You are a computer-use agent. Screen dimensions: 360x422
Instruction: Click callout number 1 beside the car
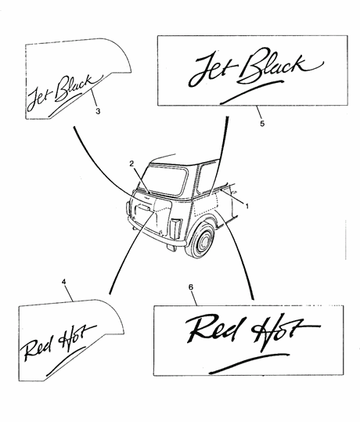tap(247, 207)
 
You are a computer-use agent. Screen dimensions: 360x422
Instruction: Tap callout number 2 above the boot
tap(131, 164)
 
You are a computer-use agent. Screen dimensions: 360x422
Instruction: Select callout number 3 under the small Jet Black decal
tap(98, 111)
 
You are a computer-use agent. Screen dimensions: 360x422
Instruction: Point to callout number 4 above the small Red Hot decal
tap(63, 282)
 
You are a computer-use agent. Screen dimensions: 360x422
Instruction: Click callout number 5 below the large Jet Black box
tap(262, 123)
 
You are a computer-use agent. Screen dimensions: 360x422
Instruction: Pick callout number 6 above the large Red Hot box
tap(191, 287)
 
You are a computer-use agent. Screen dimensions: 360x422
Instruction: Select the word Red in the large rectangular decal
tap(214, 329)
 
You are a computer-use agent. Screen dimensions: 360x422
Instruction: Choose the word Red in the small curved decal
tap(35, 349)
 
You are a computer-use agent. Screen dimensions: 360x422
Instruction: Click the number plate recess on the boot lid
tap(143, 208)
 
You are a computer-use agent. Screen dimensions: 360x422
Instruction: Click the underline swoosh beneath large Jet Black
tap(251, 92)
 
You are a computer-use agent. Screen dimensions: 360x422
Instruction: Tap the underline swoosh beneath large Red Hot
tap(249, 363)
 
